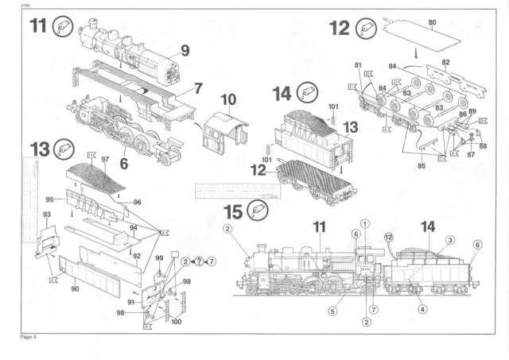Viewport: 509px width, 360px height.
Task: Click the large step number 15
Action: click(x=235, y=211)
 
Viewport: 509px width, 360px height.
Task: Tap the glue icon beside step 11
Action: click(x=63, y=26)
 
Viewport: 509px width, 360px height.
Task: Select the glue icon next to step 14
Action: click(x=306, y=92)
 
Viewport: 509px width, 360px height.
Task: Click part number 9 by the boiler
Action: click(x=184, y=50)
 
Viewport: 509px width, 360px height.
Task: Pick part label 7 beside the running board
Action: click(x=198, y=88)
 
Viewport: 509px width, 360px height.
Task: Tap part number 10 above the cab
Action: click(x=229, y=100)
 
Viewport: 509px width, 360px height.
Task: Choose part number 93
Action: click(x=47, y=215)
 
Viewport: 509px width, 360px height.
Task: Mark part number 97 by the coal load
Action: click(x=103, y=159)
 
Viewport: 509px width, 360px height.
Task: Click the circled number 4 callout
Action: click(x=422, y=309)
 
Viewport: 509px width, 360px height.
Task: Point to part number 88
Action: click(x=483, y=146)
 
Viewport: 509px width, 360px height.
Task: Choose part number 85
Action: click(x=422, y=166)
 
